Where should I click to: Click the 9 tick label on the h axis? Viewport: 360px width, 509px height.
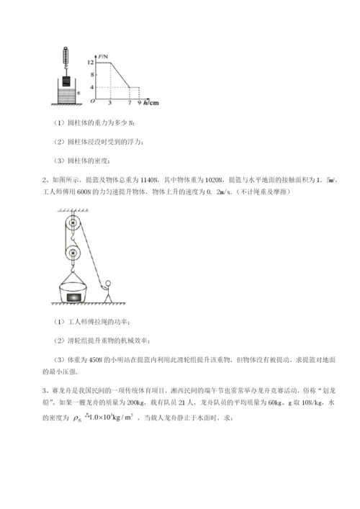coord(138,103)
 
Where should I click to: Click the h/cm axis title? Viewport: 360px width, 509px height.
coord(150,103)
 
